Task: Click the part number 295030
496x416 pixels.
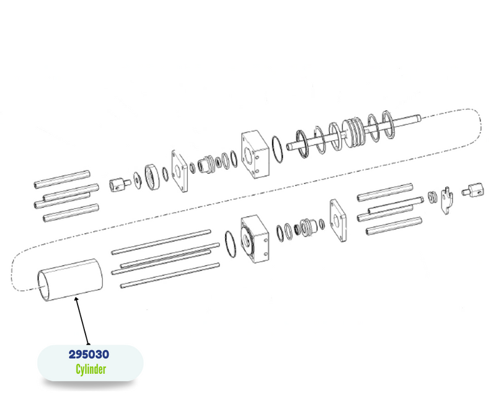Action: tap(89, 354)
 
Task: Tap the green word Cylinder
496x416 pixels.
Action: tap(91, 369)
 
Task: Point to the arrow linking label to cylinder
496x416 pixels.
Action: tap(82, 321)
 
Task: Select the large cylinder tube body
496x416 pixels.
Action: tap(70, 280)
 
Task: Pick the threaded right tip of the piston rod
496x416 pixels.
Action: tap(418, 118)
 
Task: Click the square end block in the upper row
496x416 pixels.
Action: tap(255, 154)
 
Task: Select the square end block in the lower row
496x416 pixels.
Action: tap(255, 239)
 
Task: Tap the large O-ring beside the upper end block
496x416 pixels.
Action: tap(277, 149)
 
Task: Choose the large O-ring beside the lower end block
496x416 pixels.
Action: tap(231, 244)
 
